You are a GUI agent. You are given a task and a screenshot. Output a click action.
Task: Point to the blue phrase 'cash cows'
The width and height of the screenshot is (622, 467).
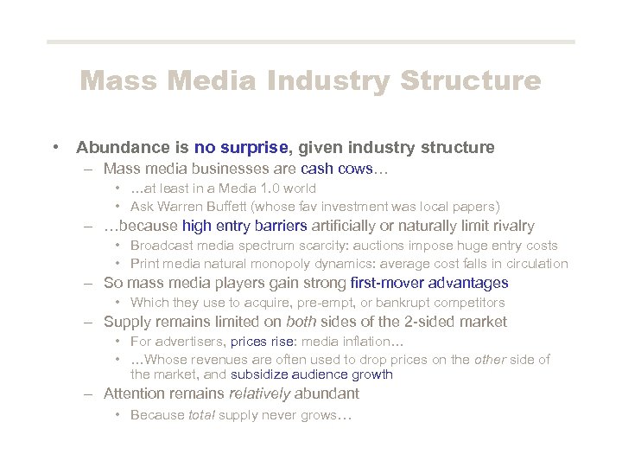336,169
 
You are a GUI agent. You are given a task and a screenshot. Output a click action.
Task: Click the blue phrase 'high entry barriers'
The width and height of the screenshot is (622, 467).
244,227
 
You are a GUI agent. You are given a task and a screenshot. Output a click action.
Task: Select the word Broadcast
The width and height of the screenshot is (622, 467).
159,246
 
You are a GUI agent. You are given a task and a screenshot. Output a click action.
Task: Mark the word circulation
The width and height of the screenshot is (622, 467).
534,264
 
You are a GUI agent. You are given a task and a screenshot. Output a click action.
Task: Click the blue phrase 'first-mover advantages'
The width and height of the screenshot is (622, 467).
430,283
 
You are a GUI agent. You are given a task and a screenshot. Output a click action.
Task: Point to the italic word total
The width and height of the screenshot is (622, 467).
202,414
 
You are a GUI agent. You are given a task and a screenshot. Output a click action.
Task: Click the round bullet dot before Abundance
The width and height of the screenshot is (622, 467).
55,147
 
